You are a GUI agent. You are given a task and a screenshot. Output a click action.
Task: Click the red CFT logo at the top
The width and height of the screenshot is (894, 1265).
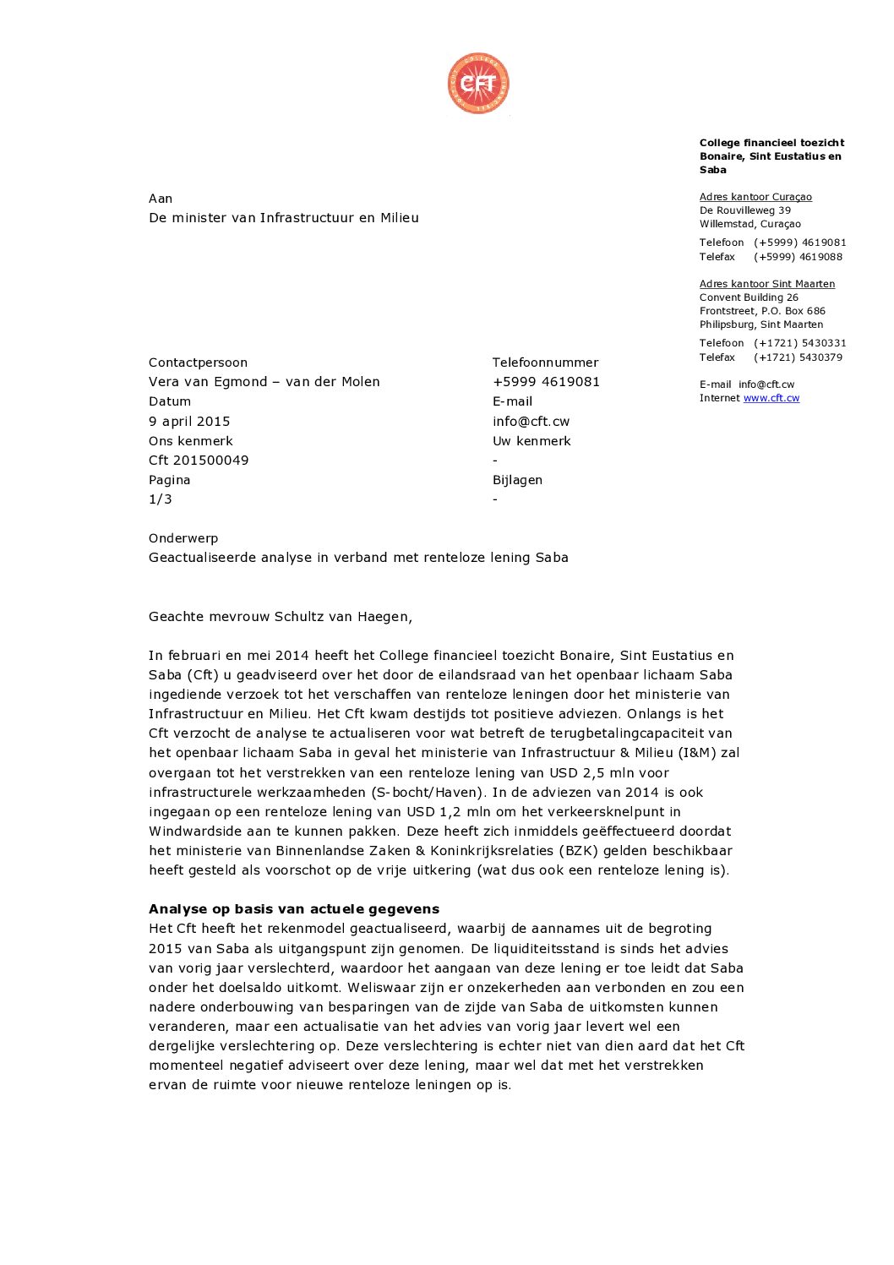pyautogui.click(x=478, y=83)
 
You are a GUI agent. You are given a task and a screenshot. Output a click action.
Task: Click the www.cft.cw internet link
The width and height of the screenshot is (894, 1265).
pyautogui.click(x=771, y=398)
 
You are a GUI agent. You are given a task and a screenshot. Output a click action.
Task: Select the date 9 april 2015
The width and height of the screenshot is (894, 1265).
pyautogui.click(x=189, y=421)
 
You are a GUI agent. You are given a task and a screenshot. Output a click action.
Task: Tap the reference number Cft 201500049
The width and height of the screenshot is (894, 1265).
pyautogui.click(x=199, y=461)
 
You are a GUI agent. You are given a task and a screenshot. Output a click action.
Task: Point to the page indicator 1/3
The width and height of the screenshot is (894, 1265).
pyautogui.click(x=160, y=499)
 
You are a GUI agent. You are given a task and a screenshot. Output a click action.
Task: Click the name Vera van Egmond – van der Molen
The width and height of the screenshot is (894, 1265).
pyautogui.click(x=264, y=382)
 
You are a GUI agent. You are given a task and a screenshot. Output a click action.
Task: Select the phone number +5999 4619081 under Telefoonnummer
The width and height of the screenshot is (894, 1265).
pyautogui.click(x=546, y=382)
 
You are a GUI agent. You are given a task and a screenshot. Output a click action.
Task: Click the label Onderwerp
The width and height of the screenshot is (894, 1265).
pyautogui.click(x=183, y=538)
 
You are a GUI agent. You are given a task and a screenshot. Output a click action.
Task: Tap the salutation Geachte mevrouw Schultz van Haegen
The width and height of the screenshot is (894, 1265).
pyautogui.click(x=280, y=617)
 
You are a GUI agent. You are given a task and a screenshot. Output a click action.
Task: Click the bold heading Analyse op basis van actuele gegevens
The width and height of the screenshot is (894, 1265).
pyautogui.click(x=294, y=909)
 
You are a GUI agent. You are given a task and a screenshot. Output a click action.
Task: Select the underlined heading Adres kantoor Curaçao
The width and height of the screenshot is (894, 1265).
pyautogui.click(x=755, y=197)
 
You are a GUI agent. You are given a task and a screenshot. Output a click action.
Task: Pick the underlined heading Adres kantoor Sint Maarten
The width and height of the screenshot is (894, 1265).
pyautogui.click(x=766, y=284)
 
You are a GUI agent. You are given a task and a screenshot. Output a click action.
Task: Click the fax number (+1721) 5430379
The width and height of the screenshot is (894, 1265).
pyautogui.click(x=798, y=357)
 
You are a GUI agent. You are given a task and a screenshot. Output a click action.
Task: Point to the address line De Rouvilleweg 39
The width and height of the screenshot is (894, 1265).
pyautogui.click(x=744, y=210)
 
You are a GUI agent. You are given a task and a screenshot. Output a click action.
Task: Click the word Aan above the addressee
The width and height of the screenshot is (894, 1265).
pyautogui.click(x=161, y=199)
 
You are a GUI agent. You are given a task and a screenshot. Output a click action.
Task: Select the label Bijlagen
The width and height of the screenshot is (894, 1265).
pyautogui.click(x=517, y=480)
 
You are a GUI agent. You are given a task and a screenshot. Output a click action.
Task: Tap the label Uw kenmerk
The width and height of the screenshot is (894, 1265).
pyautogui.click(x=531, y=441)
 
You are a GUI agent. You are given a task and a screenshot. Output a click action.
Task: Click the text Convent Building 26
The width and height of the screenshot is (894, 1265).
pyautogui.click(x=748, y=297)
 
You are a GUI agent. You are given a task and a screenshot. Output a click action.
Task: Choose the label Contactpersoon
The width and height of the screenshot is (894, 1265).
pyautogui.click(x=198, y=363)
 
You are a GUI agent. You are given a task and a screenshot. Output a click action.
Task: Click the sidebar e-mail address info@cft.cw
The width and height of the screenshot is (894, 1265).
pyautogui.click(x=766, y=384)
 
